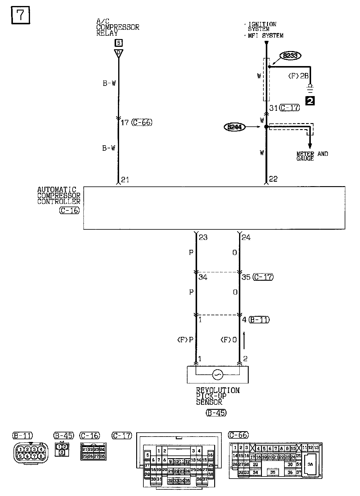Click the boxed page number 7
coord(21,15)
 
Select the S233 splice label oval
coord(290,56)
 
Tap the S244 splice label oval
coord(234,127)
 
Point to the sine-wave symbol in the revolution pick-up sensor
coord(217,374)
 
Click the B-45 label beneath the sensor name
coord(216,413)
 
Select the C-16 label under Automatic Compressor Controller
coord(69,210)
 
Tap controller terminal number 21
coord(125,180)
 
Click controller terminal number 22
coord(273,179)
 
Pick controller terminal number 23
coord(203,237)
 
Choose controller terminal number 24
coord(246,237)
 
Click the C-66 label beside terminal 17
coord(142,122)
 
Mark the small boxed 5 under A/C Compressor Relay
coord(118,43)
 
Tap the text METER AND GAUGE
coord(312,156)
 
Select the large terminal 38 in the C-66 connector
coord(310,464)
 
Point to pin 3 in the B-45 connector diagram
coord(62,452)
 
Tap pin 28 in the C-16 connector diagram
coord(102,456)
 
